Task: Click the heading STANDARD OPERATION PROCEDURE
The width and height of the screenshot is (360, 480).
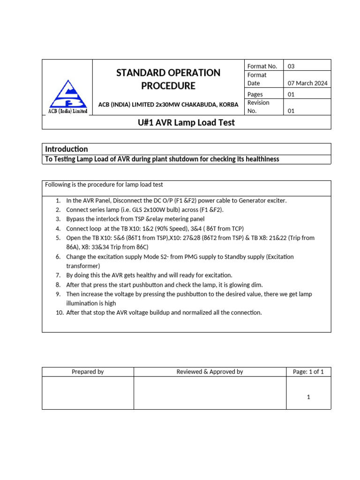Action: [x=168, y=79]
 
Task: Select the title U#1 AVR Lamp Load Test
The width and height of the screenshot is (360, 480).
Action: [x=187, y=122]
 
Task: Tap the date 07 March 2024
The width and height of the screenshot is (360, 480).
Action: [x=307, y=83]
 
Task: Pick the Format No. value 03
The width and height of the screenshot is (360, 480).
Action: [x=291, y=66]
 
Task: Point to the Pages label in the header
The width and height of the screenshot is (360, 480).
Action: [x=255, y=94]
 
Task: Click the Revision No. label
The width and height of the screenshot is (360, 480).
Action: [x=258, y=106]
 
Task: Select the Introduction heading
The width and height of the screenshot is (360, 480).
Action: [x=66, y=149]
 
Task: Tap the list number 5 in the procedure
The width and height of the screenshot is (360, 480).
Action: [x=58, y=238]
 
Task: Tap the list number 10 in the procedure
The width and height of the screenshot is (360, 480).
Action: [x=59, y=313]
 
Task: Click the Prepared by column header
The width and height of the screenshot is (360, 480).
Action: [x=88, y=372]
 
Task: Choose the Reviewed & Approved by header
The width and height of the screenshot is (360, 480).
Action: [x=210, y=372]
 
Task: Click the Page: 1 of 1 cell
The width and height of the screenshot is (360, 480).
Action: [x=308, y=372]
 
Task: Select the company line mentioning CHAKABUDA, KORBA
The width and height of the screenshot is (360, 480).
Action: [x=168, y=104]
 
